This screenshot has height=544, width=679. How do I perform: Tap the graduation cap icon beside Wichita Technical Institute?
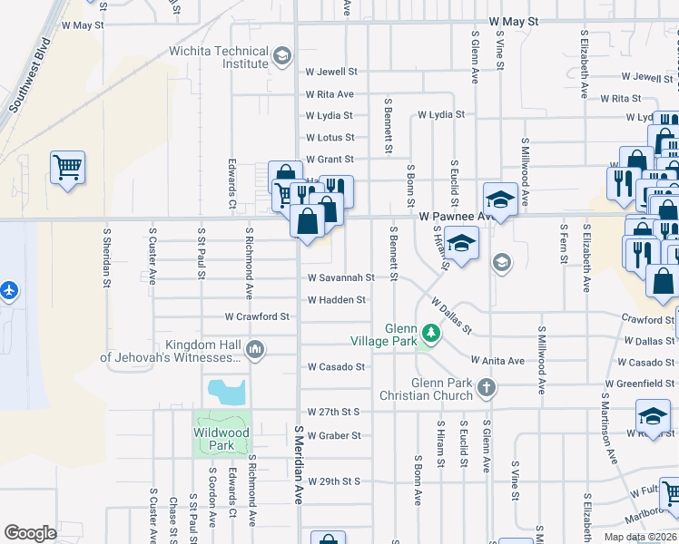coord(282,57)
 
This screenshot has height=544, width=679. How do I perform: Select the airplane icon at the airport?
coord(9,291)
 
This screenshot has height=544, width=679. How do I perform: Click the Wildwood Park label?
coord(221,439)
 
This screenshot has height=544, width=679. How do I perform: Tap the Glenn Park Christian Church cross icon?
coord(487,389)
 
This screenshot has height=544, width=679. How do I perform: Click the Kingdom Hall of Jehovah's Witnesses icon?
coord(255,350)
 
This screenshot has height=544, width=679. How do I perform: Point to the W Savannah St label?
coord(340,277)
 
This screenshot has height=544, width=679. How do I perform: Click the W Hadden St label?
coord(336,300)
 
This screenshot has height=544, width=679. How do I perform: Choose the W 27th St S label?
coord(334,412)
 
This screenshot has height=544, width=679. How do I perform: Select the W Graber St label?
coord(334,435)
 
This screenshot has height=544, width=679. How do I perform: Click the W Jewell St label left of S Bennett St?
coord(331,71)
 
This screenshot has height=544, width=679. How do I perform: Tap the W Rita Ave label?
coord(330,94)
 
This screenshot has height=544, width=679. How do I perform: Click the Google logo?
coord(30,533)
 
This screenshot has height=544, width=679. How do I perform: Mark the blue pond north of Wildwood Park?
coord(227,392)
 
